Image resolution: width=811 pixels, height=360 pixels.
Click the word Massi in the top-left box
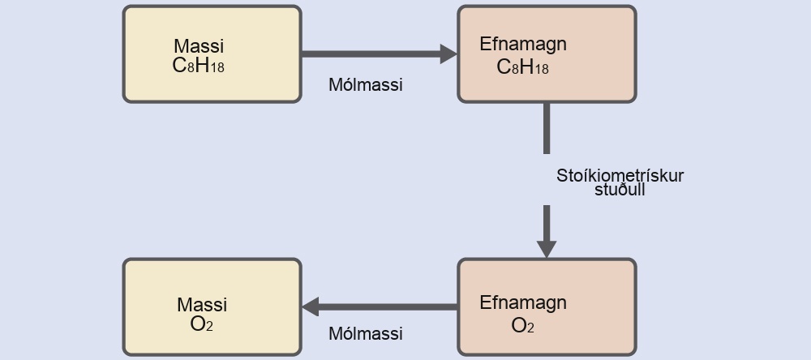coord(199,46)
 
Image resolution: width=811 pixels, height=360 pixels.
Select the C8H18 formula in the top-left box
coord(198,66)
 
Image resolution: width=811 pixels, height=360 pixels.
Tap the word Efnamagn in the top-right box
coord(523,45)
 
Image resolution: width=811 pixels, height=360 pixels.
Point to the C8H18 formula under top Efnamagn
coord(522,67)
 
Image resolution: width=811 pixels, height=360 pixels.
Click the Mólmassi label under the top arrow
coord(366,85)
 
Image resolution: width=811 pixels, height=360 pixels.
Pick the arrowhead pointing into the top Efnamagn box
coord(448,54)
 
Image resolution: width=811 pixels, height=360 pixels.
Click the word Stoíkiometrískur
coord(620,176)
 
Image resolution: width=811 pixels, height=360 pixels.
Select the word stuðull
coord(620,189)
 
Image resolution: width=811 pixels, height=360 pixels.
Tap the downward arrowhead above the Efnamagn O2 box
coord(546,249)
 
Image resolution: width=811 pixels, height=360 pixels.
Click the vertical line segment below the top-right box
coord(546,128)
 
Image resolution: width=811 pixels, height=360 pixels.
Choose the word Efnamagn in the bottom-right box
coord(523,302)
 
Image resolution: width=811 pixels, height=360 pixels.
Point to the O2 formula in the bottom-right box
coord(522,325)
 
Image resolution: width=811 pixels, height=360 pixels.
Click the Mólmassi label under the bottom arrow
coord(366,333)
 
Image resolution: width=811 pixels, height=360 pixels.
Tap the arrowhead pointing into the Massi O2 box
coord(311,306)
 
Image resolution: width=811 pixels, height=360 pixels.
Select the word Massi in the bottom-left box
coord(202,305)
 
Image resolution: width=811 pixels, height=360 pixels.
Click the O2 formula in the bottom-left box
coord(202,324)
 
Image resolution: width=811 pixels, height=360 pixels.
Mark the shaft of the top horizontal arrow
coord(371,54)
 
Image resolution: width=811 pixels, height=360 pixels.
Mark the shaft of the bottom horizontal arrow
coord(388,306)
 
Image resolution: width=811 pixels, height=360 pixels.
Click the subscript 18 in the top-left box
coord(217,68)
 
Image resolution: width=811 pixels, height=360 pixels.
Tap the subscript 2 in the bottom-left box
coord(209,328)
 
